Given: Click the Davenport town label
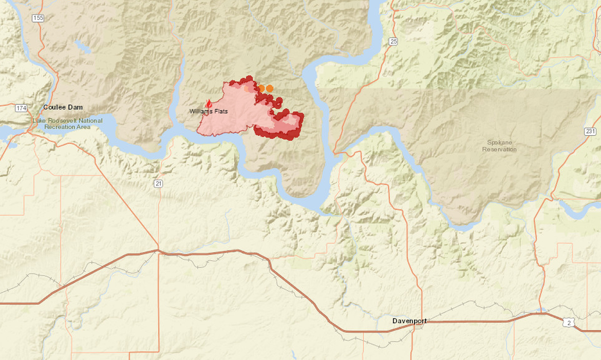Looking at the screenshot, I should [409, 321].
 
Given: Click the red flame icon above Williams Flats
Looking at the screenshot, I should [209, 104].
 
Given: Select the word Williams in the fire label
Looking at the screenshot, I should [201, 111].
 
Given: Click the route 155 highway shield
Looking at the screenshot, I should [37, 18].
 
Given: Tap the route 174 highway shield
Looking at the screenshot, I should [21, 108].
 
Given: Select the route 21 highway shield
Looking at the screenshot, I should [158, 183].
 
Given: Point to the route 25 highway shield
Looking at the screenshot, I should [393, 42].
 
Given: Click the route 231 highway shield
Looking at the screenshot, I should [590, 131].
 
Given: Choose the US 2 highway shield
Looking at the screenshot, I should [567, 322].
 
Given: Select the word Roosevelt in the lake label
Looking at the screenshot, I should [63, 121].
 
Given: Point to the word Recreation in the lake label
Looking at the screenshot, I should [61, 126].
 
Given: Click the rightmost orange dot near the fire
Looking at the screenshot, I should [270, 88].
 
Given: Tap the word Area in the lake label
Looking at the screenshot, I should [85, 126].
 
